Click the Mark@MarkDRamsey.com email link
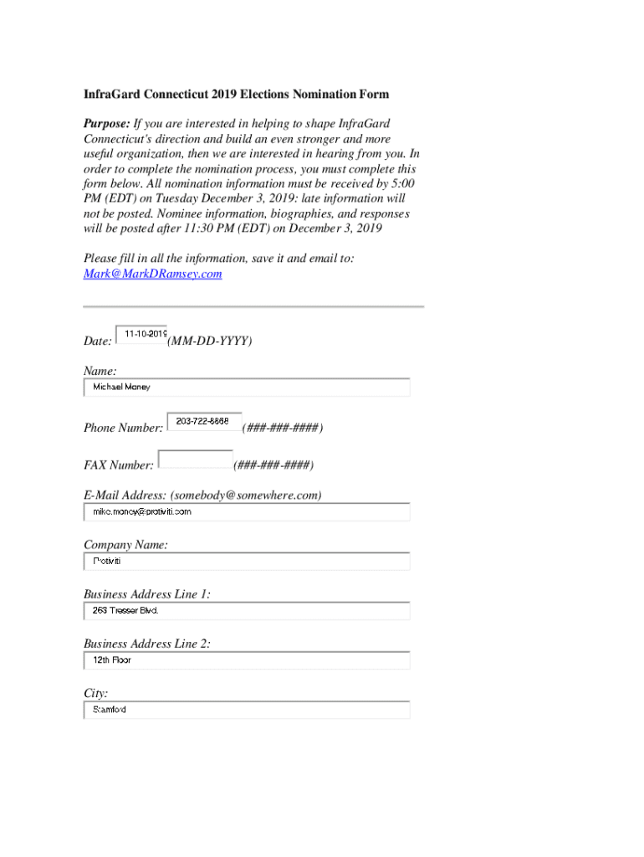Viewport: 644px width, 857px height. pos(152,274)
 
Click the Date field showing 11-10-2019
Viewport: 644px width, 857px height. pos(141,335)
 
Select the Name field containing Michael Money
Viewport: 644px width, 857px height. pos(247,387)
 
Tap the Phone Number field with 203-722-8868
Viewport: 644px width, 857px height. pos(204,422)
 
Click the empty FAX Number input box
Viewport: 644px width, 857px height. pos(195,459)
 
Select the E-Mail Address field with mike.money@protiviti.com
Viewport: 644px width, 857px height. pos(247,511)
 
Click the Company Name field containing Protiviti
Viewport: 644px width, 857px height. pos(247,561)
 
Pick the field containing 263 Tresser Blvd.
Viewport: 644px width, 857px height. pos(247,611)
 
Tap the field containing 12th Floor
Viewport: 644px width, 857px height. pos(247,660)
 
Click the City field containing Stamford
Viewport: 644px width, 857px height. pos(247,710)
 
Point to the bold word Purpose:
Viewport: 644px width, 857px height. pos(107,124)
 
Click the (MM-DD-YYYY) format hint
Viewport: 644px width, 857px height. pos(210,341)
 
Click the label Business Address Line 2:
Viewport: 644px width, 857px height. pos(147,644)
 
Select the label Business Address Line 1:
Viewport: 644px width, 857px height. pos(147,594)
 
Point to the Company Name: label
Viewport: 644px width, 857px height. pos(125,545)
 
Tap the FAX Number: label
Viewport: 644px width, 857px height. pos(119,464)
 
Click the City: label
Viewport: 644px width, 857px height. pos(95,693)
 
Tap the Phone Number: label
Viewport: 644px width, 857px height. pos(123,428)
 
